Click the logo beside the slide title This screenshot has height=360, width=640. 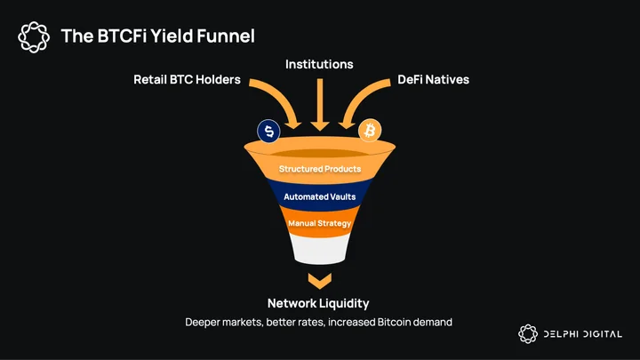coord(34,37)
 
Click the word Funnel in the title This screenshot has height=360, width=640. coord(226,36)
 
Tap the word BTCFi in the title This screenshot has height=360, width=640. coord(122,36)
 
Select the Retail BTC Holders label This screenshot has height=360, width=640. coord(187,80)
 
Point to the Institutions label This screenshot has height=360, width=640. coord(319,64)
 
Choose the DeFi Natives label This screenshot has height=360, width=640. coord(434,80)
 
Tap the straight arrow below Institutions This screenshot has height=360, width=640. coord(320,105)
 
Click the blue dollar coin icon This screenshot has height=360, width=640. coord(268,131)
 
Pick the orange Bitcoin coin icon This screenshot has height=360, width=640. coord(370,131)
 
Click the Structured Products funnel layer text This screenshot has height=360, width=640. coord(320,169)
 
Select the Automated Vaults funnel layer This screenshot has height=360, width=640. coord(320,196)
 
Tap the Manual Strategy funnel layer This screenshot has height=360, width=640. coord(320,222)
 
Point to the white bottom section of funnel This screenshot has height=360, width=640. coord(320,249)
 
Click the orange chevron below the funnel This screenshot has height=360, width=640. coord(320,282)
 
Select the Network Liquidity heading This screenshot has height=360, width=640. coord(318,303)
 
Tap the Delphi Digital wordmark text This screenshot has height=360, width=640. coord(583,334)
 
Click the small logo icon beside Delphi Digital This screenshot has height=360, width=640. coord(528,334)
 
